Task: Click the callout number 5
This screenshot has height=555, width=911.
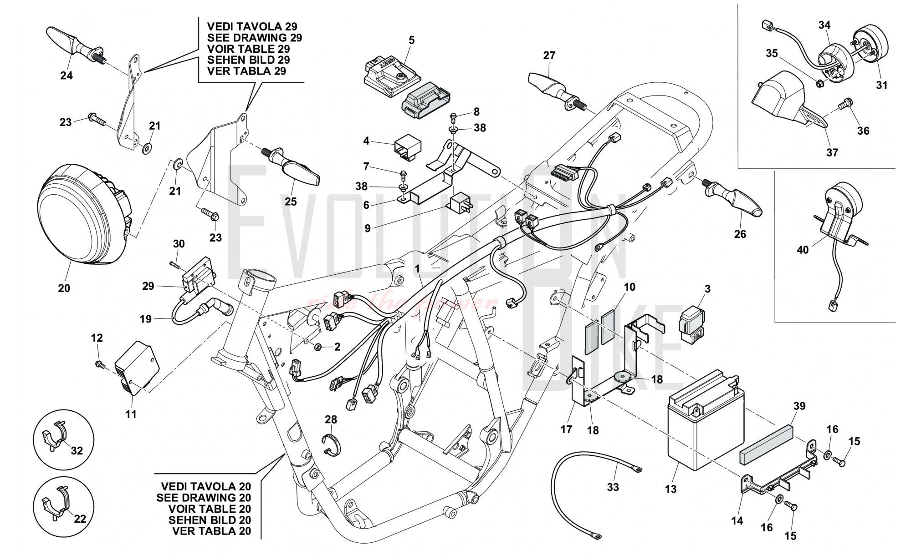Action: pyautogui.click(x=412, y=40)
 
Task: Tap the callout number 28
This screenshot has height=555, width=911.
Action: pyautogui.click(x=331, y=419)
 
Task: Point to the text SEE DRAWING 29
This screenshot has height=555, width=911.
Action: pyautogui.click(x=254, y=38)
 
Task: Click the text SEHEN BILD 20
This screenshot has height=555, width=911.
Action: pyautogui.click(x=210, y=520)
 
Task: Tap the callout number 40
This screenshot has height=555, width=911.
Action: pyautogui.click(x=803, y=250)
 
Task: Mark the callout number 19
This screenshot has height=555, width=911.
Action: pyautogui.click(x=145, y=319)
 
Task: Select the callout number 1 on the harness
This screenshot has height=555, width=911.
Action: pyautogui.click(x=417, y=269)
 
